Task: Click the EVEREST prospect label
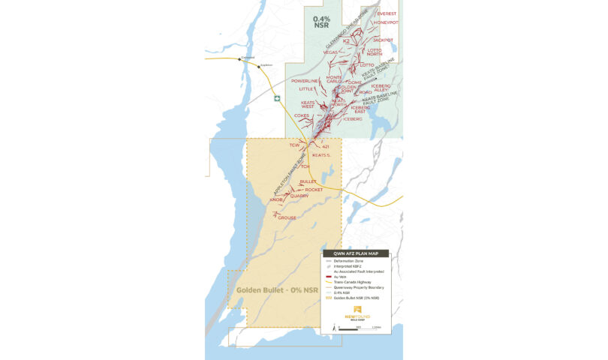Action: click(387, 13)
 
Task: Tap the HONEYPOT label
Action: click(387, 22)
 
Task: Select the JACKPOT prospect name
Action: click(383, 40)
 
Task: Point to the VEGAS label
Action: click(330, 52)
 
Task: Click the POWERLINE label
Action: click(305, 81)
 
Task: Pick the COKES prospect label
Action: click(302, 115)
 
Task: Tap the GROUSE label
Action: click(287, 217)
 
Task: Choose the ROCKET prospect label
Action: click(314, 190)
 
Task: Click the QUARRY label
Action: click(299, 196)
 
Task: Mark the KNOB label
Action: click(275, 200)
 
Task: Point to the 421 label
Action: click(326, 146)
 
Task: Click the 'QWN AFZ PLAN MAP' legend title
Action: click(356, 254)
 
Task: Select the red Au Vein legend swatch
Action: click(328, 277)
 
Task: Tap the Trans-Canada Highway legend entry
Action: click(360, 282)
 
